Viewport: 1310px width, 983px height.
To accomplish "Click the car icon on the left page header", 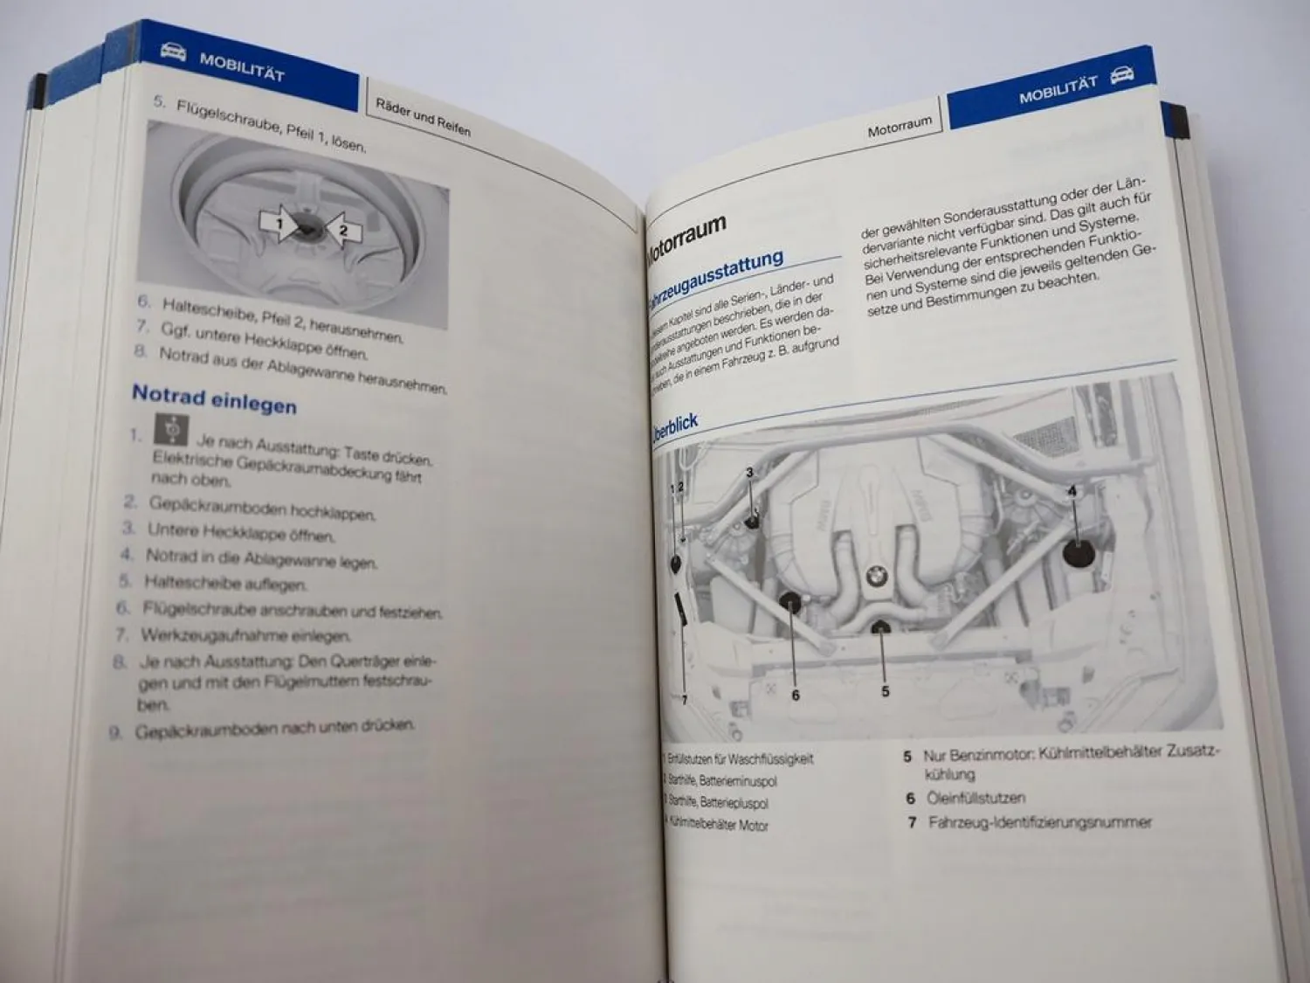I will (x=173, y=52).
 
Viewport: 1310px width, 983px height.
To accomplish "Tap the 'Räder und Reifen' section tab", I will (x=423, y=116).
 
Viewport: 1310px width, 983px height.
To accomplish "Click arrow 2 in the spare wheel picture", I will (x=343, y=231).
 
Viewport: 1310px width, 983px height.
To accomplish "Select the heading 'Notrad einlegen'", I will (x=214, y=398).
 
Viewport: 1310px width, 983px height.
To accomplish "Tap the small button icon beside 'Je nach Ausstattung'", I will (x=172, y=429).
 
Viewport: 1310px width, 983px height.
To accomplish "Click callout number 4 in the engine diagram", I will (x=1072, y=491).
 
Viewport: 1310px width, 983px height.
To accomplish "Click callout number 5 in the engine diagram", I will (x=885, y=691).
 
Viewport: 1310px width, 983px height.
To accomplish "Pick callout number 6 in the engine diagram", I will (x=795, y=696).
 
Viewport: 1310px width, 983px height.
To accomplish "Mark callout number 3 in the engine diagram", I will (x=749, y=473).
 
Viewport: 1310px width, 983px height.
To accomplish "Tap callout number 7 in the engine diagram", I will (x=684, y=700).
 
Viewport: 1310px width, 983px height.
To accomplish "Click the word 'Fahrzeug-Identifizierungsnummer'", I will (x=1039, y=822).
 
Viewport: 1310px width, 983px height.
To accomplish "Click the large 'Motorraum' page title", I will (x=687, y=236).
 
